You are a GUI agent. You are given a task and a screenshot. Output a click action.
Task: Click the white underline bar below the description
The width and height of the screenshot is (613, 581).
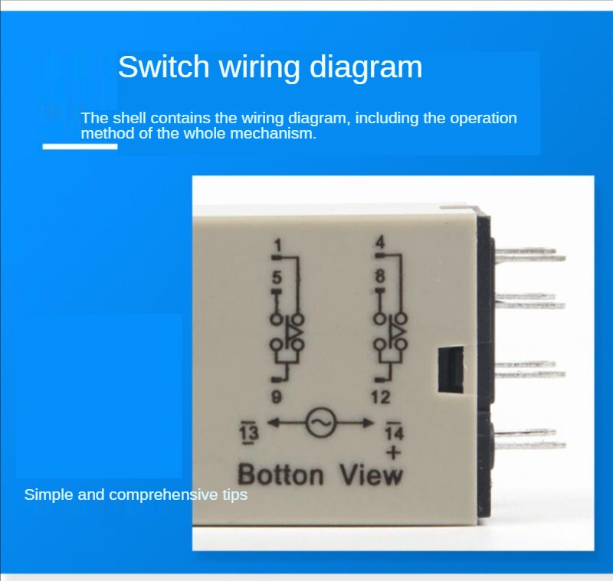(80, 145)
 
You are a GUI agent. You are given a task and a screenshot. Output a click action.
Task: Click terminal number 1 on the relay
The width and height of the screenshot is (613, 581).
(277, 245)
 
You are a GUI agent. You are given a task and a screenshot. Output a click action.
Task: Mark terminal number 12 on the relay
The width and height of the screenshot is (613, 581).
(381, 397)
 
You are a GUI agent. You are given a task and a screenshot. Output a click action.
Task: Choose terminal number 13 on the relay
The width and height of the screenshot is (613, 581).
(250, 432)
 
